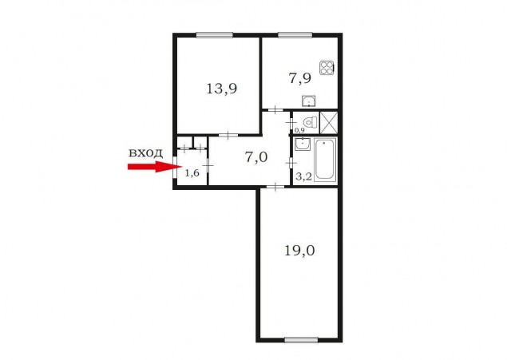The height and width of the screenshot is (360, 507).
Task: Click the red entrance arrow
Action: coord(155,166)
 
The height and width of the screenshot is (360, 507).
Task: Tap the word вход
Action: coord(145,152)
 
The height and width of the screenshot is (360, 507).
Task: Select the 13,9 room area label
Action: coord(222,89)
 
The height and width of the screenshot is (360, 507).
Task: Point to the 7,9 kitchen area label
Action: coord(299,78)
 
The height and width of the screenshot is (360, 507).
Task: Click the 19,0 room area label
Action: coord(299,251)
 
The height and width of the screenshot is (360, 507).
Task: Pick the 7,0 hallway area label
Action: coord(256,157)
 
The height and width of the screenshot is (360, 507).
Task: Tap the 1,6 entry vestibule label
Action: coord(192,173)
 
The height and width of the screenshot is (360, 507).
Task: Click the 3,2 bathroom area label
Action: coord(303,176)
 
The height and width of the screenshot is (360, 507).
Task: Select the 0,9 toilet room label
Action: coord(299,130)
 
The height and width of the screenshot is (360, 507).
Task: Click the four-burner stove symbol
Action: coord(327,68)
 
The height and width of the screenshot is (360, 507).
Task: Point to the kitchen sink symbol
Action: coord(309,101)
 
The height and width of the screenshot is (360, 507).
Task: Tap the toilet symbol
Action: coord(310,122)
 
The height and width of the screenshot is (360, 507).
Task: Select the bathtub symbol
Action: coord(325,159)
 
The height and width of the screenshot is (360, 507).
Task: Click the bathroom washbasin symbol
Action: coord(303,144)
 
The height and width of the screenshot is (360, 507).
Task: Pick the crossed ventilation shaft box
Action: coord(329,122)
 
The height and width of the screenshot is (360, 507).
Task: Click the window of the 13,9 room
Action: coord(214,35)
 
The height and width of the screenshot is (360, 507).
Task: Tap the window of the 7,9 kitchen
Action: coord(295,35)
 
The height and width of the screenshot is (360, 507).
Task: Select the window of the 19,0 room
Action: coord(301,339)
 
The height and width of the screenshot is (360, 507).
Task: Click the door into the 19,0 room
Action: coord(275,187)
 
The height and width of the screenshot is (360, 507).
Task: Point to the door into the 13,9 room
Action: coord(228,135)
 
